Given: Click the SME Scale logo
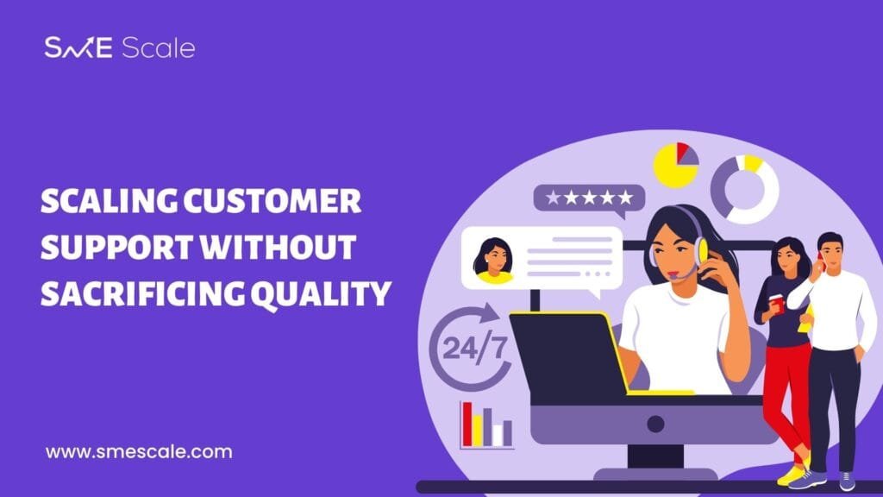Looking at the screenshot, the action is (x=120, y=48).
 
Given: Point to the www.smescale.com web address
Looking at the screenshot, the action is (x=139, y=452).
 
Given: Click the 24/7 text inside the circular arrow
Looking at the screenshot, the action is (x=474, y=349).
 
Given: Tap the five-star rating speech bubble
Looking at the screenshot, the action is (x=589, y=198).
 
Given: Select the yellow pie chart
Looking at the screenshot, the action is (x=676, y=165).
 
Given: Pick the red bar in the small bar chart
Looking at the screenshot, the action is (x=467, y=424).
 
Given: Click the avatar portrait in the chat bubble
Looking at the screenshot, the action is (x=493, y=260).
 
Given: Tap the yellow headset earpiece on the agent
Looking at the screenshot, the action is (x=702, y=251).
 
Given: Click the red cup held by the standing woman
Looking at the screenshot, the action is (x=777, y=303).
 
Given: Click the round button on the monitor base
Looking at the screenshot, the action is (x=655, y=424).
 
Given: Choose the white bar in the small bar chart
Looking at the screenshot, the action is (x=498, y=435).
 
